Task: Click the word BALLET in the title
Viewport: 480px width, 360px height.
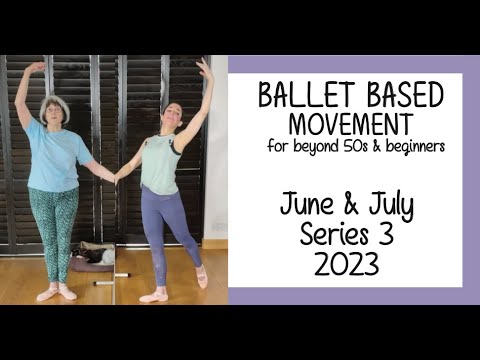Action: (x=296, y=96)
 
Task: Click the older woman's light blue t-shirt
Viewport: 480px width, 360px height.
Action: (x=58, y=156)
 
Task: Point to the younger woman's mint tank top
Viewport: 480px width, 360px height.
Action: (x=161, y=165)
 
